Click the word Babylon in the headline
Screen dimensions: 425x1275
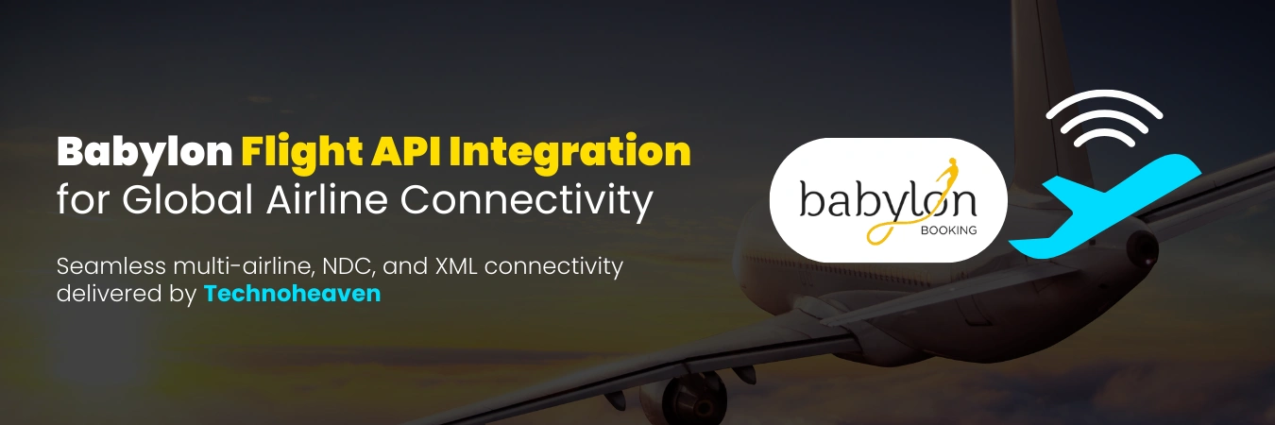point(144,153)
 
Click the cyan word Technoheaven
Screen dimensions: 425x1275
point(292,294)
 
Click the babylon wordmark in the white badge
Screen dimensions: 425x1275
point(874,202)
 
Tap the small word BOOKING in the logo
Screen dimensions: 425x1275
point(950,229)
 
